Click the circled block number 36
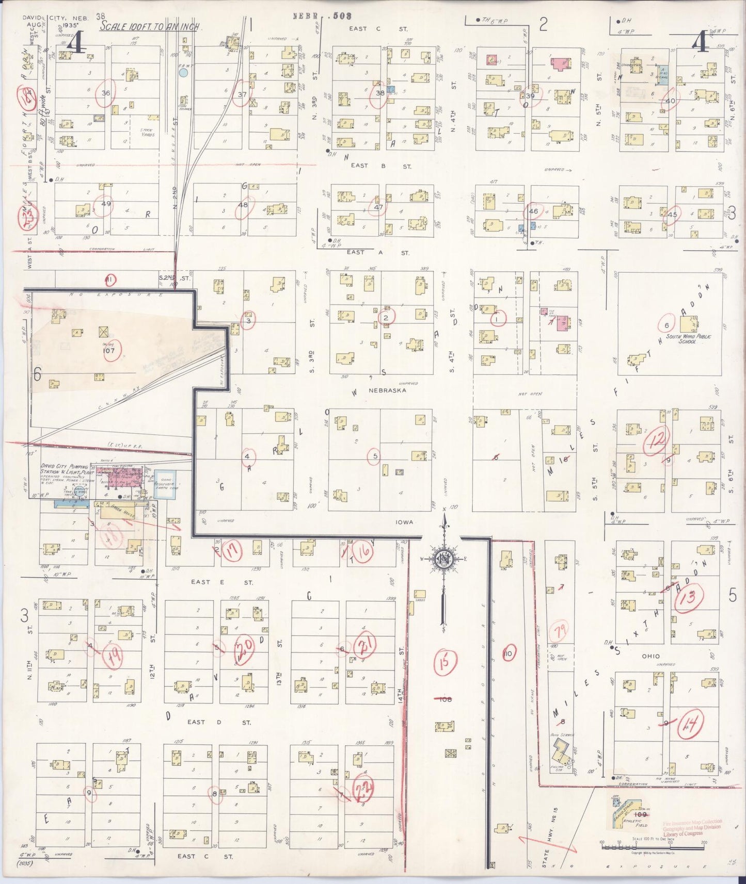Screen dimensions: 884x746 coord(106,93)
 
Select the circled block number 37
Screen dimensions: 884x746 coord(242,95)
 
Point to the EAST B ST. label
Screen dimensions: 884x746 coord(380,166)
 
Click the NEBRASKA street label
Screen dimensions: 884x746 coord(387,390)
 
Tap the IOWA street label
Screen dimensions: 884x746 coord(404,522)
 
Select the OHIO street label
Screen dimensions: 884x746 coord(650,656)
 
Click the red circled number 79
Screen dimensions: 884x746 coord(559,631)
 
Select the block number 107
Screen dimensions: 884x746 coord(109,351)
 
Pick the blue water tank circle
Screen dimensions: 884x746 coord(183,73)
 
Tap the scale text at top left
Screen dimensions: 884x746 coord(149,26)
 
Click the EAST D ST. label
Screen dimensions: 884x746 coord(219,722)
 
